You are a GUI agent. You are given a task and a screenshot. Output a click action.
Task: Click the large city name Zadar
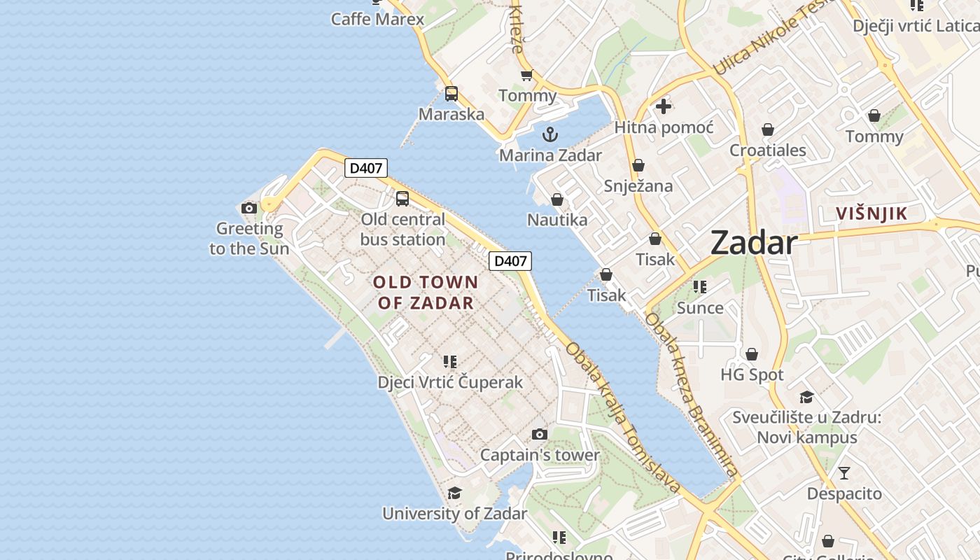click(754, 244)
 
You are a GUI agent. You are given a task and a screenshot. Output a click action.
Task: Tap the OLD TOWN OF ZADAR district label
click(426, 293)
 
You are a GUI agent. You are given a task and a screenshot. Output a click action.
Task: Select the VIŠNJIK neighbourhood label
click(871, 214)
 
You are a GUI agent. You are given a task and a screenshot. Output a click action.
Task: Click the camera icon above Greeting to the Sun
click(248, 208)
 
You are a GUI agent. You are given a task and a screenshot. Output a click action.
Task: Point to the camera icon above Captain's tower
click(539, 434)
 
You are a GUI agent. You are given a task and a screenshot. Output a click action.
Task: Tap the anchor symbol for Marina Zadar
click(551, 134)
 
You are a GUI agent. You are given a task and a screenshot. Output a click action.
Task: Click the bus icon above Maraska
click(451, 93)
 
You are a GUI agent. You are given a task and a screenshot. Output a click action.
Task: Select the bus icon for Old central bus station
click(402, 198)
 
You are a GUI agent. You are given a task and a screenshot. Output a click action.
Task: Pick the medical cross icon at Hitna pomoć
click(663, 106)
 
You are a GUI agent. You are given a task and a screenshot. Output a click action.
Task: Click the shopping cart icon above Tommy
click(526, 75)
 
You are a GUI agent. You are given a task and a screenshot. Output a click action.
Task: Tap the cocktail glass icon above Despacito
click(844, 472)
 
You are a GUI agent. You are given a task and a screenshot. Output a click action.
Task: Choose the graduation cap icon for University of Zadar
click(454, 493)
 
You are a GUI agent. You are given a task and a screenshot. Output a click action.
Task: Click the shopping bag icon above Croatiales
click(768, 129)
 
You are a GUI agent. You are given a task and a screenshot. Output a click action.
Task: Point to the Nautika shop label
click(557, 220)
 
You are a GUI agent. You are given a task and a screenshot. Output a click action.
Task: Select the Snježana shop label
click(638, 186)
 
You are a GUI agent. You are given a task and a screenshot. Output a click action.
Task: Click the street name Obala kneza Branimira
click(692, 395)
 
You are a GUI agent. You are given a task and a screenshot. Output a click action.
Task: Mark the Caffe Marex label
click(377, 19)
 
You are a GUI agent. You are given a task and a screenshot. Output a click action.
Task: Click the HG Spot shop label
click(752, 374)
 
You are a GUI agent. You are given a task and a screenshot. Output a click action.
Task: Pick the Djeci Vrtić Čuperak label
click(450, 382)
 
